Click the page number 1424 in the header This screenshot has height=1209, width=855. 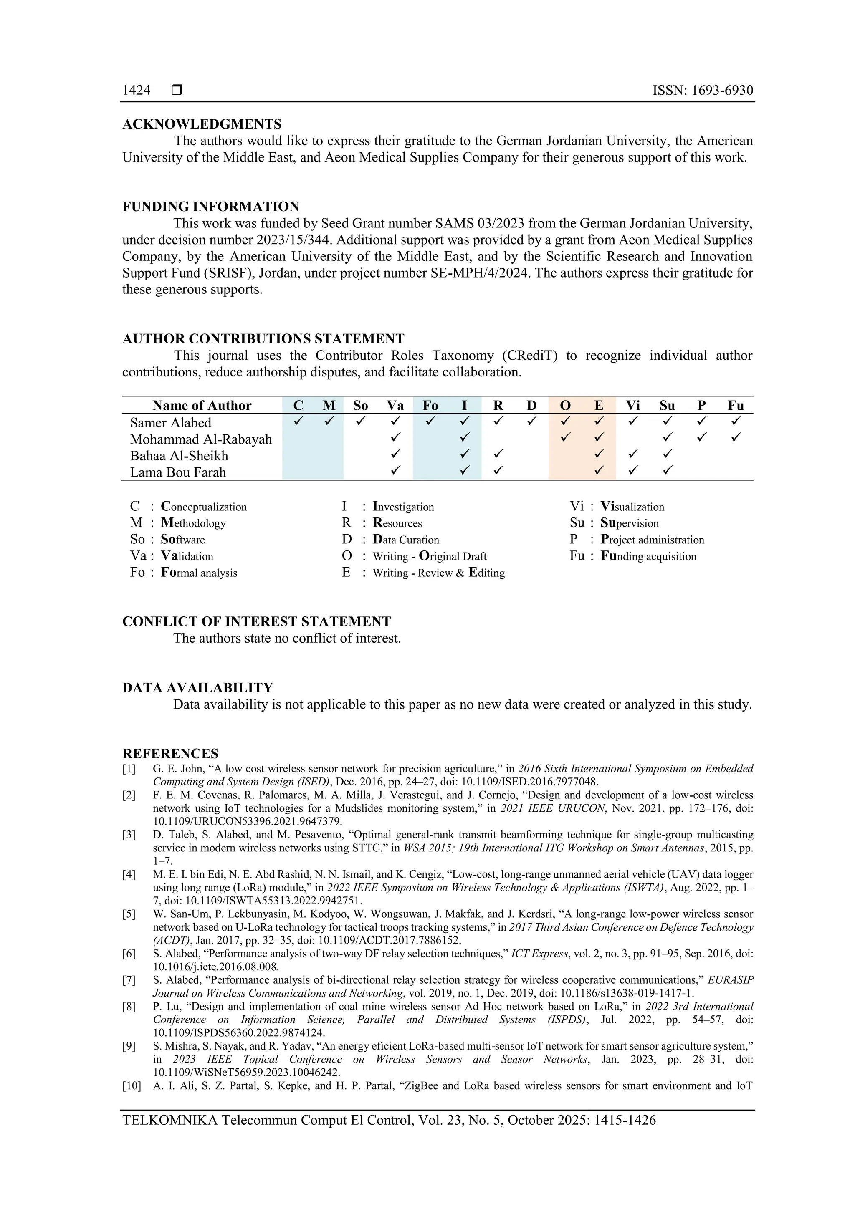(136, 90)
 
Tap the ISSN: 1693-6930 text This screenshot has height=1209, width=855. (702, 90)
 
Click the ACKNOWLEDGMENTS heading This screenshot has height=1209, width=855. (202, 124)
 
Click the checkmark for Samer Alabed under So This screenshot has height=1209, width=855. (360, 421)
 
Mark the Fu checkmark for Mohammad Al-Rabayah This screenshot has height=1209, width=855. (736, 437)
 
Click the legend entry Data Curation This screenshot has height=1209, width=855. (406, 540)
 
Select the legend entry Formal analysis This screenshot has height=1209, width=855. (199, 573)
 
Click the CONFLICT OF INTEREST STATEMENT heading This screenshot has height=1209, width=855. (257, 621)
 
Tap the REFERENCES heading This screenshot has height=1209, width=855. (170, 754)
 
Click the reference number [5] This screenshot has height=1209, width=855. (129, 914)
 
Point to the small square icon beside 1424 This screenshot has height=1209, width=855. (177, 90)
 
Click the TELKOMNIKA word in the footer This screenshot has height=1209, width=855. (169, 1120)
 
